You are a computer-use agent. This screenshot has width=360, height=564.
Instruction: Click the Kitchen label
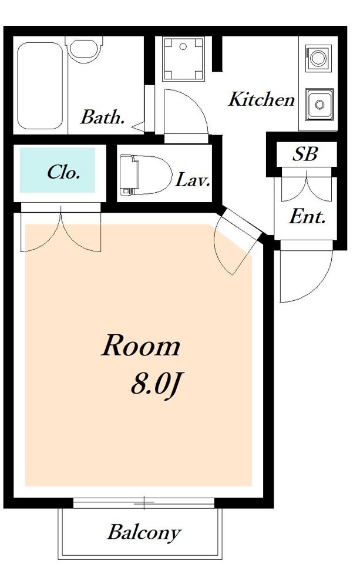point(261,100)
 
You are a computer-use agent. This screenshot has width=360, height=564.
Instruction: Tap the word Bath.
point(103,117)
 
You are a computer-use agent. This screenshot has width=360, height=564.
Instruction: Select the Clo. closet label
point(63,173)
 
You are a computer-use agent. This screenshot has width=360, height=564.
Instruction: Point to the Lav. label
point(192,180)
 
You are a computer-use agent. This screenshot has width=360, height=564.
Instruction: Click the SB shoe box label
point(305,155)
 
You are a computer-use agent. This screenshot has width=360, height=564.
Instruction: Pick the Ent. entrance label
point(307,217)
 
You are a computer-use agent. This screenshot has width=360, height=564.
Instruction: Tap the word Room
point(140,345)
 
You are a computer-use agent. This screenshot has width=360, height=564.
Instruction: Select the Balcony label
point(144,532)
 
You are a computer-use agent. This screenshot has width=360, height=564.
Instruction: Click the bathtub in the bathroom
point(40,86)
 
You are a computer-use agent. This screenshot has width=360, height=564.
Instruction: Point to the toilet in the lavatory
point(144,175)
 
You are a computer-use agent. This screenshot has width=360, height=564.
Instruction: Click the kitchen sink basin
point(319,105)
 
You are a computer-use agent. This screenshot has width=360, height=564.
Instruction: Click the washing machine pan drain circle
point(183,46)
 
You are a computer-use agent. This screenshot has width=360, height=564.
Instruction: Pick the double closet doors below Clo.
point(61,227)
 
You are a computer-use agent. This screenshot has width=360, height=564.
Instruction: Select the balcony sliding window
point(144,502)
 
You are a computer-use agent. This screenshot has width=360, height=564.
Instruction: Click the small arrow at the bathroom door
point(139,126)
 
